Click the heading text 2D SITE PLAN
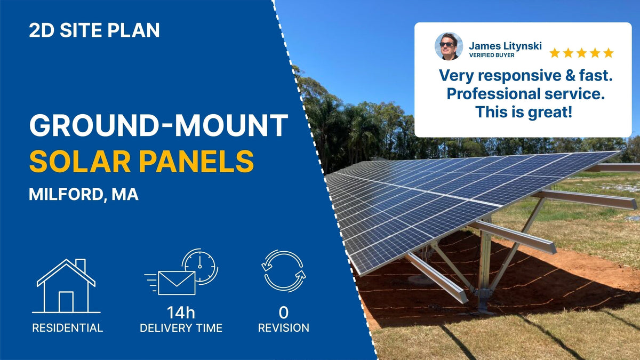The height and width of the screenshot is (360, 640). pos(94,30)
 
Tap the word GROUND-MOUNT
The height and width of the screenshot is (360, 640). pos(158,125)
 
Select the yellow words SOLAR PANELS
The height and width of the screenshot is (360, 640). pos(141,161)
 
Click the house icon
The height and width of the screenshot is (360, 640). pos(66,286)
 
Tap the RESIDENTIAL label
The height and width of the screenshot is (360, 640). pos(67,327)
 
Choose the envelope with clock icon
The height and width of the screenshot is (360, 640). pos(181,272)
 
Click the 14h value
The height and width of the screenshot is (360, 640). pos(181,313)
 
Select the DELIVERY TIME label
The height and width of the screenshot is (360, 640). pos(181,327)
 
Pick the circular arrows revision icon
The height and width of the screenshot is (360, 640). pos(284,271)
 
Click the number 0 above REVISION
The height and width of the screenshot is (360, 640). pos(284,313)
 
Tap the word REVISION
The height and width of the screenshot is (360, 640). pos(284,327)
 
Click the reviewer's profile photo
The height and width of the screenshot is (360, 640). pos(449,46)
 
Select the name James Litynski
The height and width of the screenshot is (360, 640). pos(505,46)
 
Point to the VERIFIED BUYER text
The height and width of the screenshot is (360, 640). pos(492,55)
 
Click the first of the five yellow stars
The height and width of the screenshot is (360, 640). pos(555,53)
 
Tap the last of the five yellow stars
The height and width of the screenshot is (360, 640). pos(608,53)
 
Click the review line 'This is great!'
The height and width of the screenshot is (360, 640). pos(523,113)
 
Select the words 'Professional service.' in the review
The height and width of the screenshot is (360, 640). pos(523,94)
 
